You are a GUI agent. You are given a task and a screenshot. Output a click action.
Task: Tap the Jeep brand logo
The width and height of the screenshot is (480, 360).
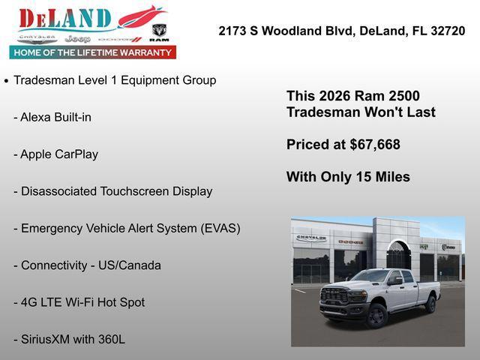coord(77,38)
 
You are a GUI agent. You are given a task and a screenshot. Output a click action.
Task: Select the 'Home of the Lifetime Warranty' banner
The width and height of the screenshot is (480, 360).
coord(93,52)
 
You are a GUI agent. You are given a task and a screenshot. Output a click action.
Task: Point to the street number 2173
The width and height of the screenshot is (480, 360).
coord(233,31)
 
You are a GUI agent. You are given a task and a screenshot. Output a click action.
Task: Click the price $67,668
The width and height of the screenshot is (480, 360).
coord(375,145)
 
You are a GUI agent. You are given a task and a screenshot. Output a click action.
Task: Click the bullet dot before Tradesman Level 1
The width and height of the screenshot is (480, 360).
coord(7,80)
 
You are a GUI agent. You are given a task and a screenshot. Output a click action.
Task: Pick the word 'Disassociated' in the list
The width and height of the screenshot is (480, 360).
coord(58,191)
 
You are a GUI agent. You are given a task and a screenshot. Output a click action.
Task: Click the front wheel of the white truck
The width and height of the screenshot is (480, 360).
coord(376,316)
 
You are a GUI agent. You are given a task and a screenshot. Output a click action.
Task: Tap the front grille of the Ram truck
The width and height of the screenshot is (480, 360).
coord(334,296)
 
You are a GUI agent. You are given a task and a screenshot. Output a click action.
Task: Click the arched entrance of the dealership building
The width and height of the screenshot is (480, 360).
coord(398,256)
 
